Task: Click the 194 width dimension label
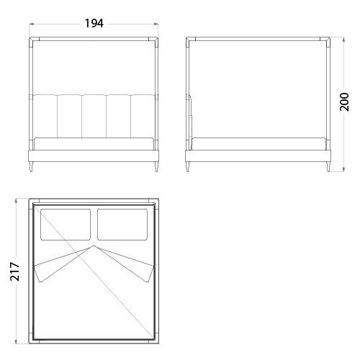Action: pos(94,24)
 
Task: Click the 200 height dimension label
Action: pos(344,102)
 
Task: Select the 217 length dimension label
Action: pos(15,271)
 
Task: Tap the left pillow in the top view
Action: pos(66,225)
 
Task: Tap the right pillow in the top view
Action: pos(122,225)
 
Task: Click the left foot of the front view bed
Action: pos(31,166)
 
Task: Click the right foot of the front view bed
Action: pos(156,166)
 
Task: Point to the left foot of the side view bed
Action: pos(188,166)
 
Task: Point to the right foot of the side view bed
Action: pos(328,166)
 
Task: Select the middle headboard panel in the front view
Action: pos(94,116)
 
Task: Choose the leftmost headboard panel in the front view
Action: pos(45,116)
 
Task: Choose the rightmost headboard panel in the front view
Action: pos(143,116)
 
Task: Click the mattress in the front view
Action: pos(94,144)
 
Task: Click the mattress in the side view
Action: pos(259,144)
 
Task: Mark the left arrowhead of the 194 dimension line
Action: pos(31,24)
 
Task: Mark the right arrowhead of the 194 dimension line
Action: pos(156,24)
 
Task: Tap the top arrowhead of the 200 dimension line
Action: pos(344,39)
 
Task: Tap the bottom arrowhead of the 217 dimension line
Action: pos(16,341)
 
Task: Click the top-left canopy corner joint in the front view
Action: pos(32,40)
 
